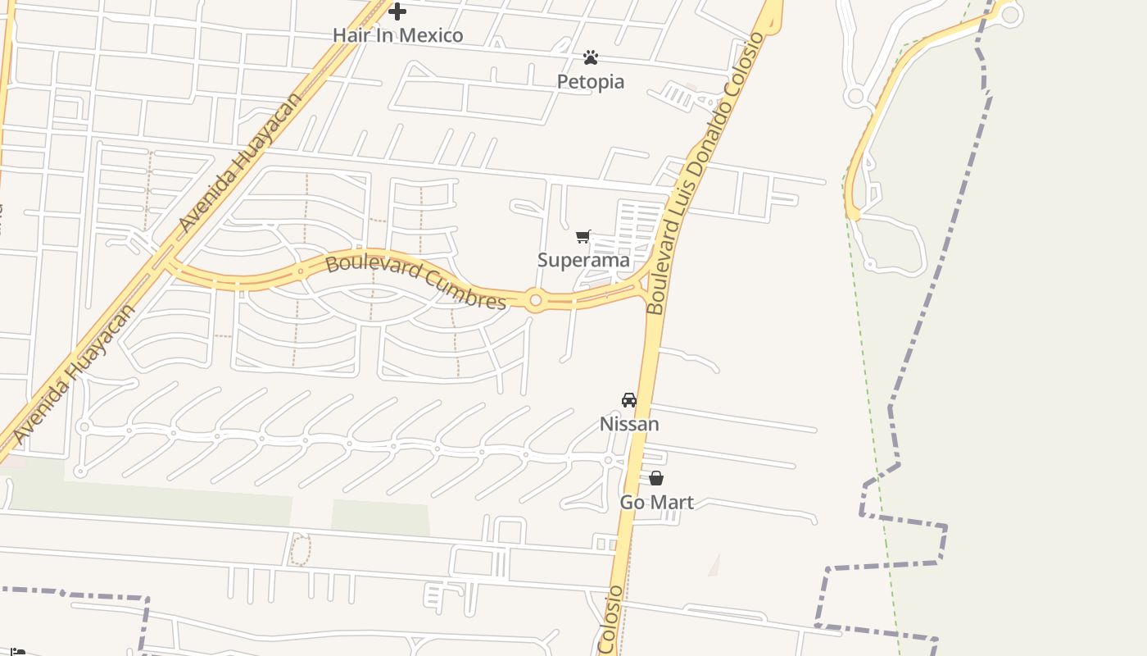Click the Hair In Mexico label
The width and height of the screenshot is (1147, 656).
pos(397,35)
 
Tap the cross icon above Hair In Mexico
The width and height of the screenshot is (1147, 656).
pos(397,11)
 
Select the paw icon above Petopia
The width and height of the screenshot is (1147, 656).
pos(591,57)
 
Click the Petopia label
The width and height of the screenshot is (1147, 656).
pos(591,81)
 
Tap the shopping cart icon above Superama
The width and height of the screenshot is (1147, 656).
pos(583,237)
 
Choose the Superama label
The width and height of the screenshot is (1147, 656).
pos(583,260)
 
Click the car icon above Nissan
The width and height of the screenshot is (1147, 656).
pos(629,400)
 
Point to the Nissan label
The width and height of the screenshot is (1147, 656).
pos(629,424)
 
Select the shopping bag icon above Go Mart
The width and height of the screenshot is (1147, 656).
pos(656,478)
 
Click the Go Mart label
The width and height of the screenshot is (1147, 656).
pos(656,502)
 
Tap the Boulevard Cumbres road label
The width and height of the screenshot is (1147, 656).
pos(416,283)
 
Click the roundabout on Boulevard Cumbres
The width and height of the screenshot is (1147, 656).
pos(536,301)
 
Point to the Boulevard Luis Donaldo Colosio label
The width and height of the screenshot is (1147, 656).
pos(704,174)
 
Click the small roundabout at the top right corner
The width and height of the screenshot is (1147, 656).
pos(1009,14)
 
